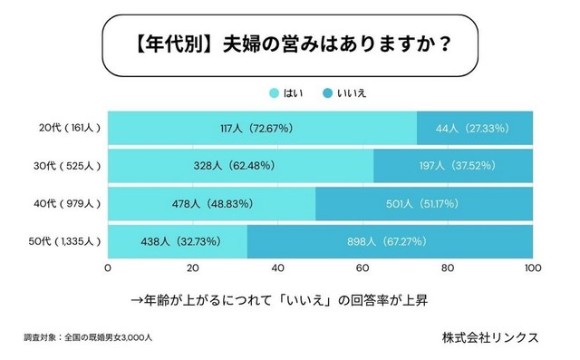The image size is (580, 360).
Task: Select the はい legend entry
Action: pyautogui.click(x=285, y=92)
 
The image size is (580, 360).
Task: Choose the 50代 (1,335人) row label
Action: pyautogui.click(x=60, y=242)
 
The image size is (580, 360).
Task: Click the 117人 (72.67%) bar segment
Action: pyautogui.click(x=262, y=128)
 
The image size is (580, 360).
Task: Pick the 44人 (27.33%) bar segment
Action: pyautogui.click(x=475, y=128)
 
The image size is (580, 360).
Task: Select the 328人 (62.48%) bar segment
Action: pyautogui.click(x=240, y=166)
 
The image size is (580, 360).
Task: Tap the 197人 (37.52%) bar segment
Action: pyautogui.click(x=453, y=166)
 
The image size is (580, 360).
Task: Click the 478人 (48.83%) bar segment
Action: pyautogui.click(x=211, y=204)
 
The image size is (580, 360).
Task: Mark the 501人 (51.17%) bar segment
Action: pyautogui.click(x=424, y=204)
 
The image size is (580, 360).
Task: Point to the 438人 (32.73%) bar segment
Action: pyautogui.click(x=178, y=242)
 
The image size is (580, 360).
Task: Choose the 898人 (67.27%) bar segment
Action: pyautogui.click(x=390, y=242)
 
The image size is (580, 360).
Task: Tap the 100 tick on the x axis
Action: pyautogui.click(x=533, y=268)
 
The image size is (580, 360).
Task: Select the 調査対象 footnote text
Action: pyautogui.click(x=88, y=337)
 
